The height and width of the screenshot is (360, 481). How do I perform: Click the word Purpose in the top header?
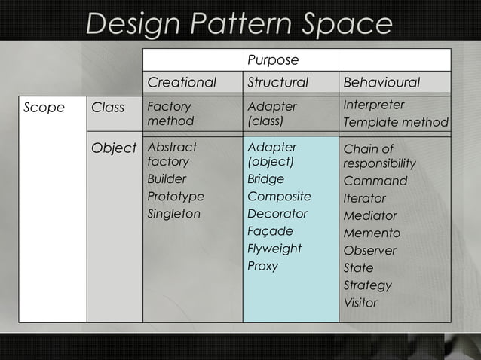pos(273,59)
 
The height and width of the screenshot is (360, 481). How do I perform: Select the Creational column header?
pos(182,82)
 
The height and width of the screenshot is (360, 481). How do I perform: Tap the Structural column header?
pos(278,82)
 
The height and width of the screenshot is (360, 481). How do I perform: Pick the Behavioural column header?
pos(381,82)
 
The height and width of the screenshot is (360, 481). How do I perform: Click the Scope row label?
pos(44,108)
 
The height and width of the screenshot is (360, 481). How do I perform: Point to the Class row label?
pos(108,108)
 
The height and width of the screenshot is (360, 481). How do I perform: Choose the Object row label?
pos(114,148)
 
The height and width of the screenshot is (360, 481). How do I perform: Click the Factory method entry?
pos(170,114)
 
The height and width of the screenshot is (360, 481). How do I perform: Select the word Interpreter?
pos(374,105)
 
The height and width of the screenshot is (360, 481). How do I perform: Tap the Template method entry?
pos(396,122)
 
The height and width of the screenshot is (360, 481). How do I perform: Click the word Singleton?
pos(174,214)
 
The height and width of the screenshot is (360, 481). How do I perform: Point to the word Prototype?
pos(176,197)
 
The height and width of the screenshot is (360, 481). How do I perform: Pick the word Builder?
pos(167,179)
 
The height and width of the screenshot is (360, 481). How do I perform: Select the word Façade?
pos(270,231)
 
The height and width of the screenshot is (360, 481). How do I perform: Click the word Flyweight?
pos(274,249)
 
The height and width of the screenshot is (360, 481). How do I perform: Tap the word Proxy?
pos(262,266)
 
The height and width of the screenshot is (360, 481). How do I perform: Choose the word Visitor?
pos(360,303)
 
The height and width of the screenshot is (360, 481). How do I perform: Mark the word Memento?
pos(372,233)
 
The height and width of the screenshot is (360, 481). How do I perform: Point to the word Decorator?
pos(277,214)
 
